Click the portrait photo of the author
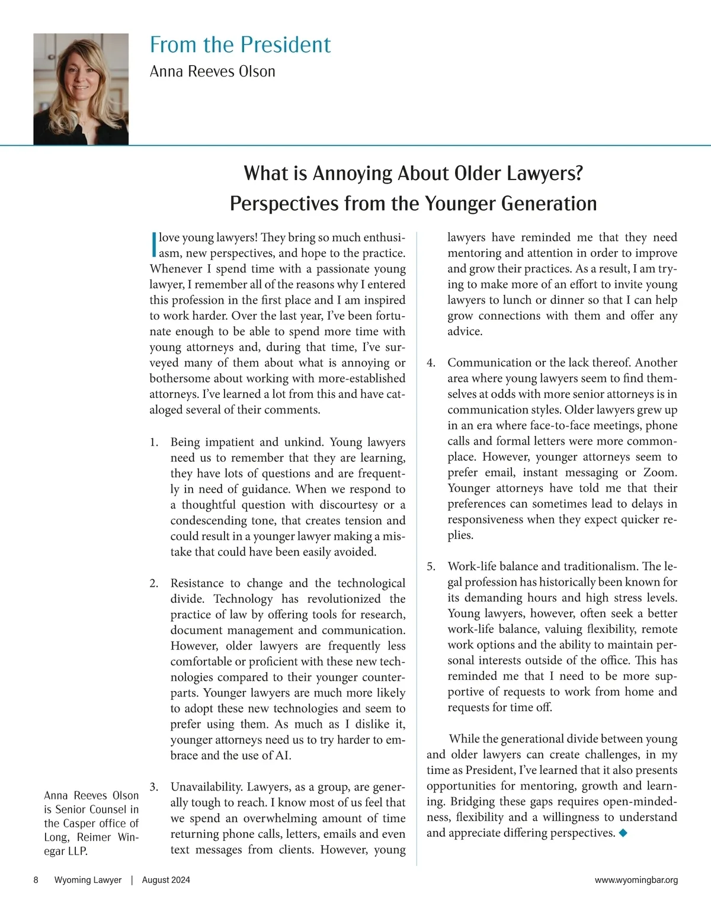[x=81, y=89]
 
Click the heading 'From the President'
[x=240, y=45]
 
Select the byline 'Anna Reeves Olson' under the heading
[x=212, y=72]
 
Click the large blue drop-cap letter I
[x=154, y=245]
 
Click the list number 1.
[x=153, y=442]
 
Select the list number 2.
[x=153, y=583]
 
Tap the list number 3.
[x=153, y=787]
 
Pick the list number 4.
[x=431, y=362]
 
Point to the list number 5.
[x=431, y=566]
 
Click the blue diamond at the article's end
[x=622, y=833]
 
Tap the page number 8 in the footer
[x=36, y=880]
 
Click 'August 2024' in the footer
[x=166, y=880]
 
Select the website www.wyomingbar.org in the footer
[x=636, y=880]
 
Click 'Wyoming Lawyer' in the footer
[x=88, y=880]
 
